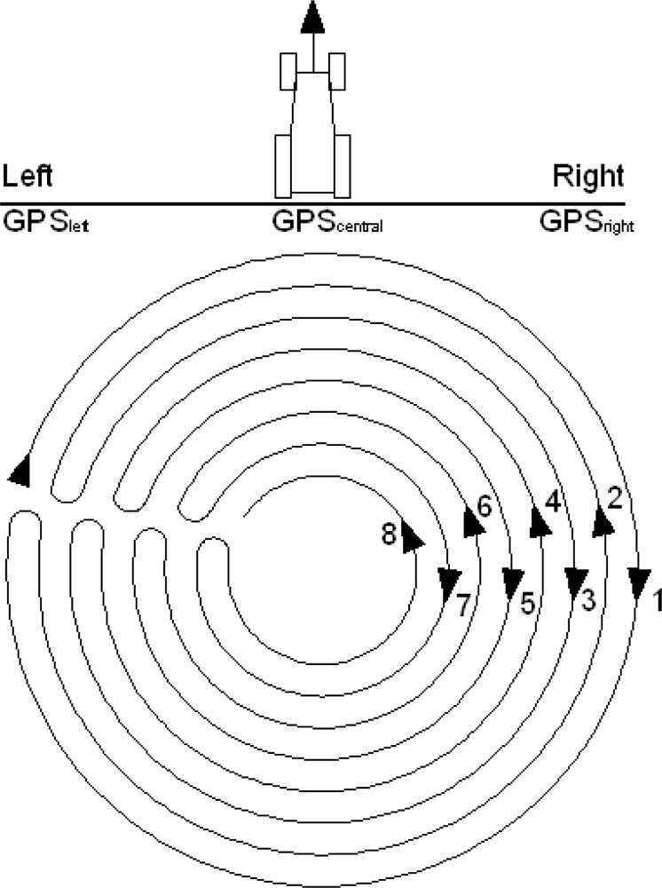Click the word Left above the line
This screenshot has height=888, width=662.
click(28, 177)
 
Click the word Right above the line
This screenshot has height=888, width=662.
click(588, 177)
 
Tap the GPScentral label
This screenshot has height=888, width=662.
click(327, 221)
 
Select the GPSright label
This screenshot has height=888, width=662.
click(587, 222)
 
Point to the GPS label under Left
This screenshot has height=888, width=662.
click(47, 221)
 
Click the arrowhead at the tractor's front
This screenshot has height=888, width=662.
click(311, 16)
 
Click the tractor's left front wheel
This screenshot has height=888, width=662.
click(288, 71)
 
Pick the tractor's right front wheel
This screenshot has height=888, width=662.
click(336, 71)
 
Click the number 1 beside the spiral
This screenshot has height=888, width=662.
click(657, 601)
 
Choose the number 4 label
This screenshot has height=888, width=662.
click(552, 502)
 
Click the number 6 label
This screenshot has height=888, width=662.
click(484, 506)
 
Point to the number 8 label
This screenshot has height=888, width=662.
click(388, 535)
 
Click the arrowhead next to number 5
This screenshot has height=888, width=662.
click(512, 582)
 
